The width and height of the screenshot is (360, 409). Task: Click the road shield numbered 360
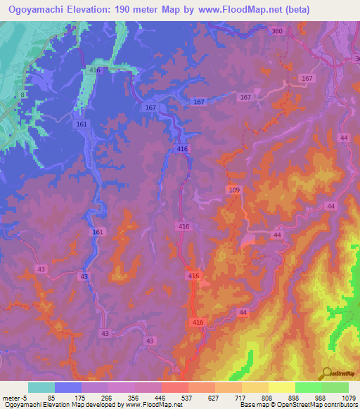(x=277, y=31)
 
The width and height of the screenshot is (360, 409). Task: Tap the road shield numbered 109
(x=234, y=190)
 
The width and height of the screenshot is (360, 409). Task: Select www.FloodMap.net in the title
(x=236, y=9)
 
